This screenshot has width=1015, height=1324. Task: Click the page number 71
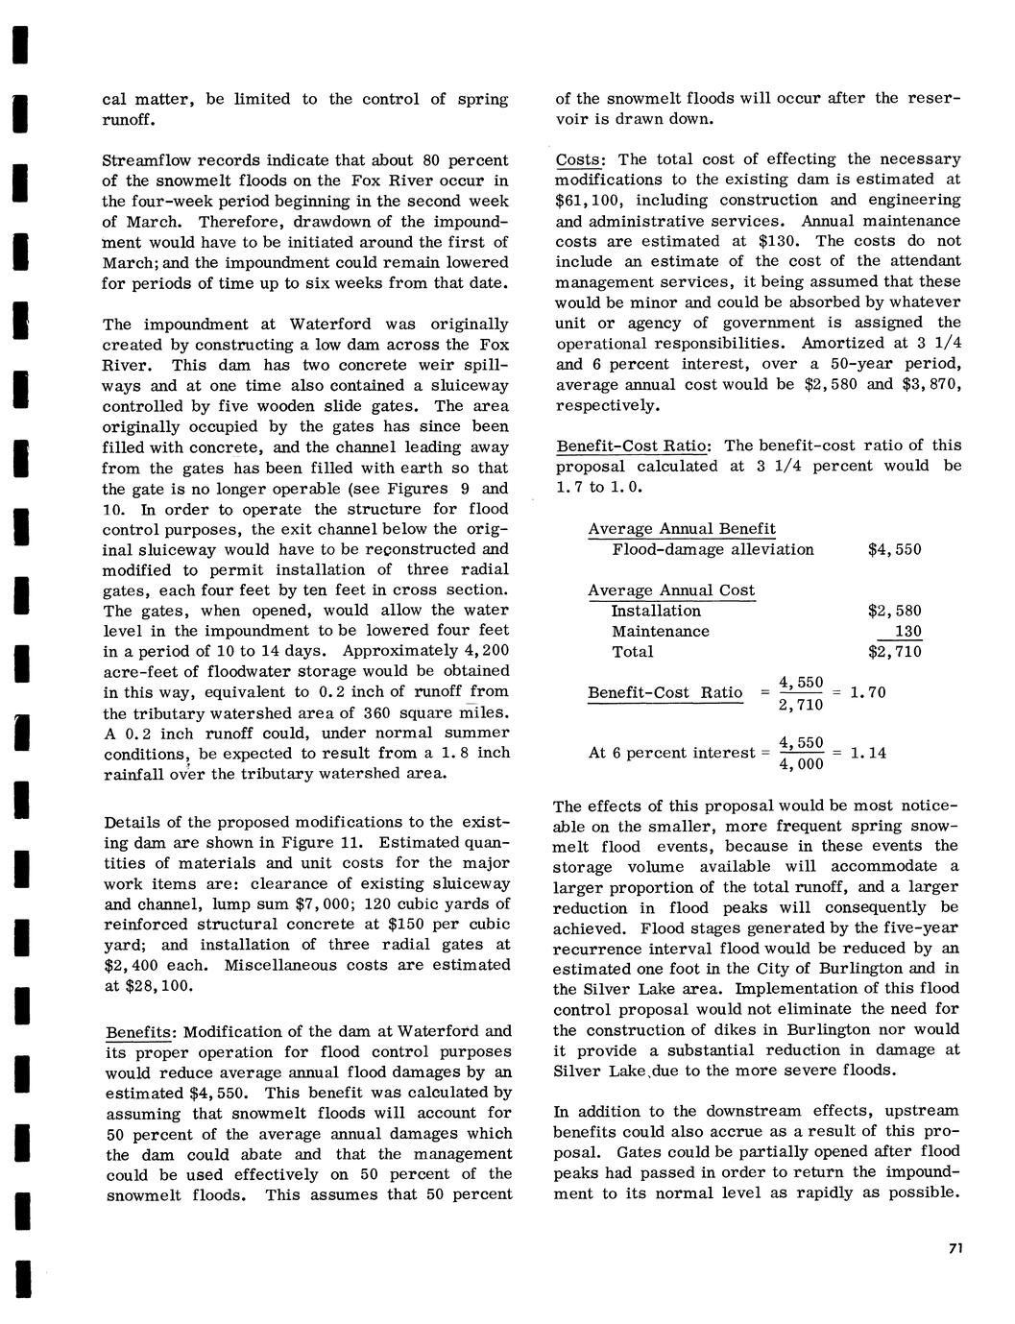[955, 1248]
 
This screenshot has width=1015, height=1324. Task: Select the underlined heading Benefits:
[140, 1033]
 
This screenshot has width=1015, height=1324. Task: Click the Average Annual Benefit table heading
[682, 529]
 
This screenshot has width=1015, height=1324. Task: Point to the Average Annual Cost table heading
[671, 590]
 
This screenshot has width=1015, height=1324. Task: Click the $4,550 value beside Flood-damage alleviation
[894, 550]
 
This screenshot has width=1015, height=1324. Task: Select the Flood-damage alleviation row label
[713, 550]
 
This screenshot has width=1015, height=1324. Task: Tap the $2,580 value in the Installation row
[894, 611]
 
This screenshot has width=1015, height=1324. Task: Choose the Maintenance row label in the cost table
[660, 632]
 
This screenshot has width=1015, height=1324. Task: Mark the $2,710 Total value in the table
[894, 652]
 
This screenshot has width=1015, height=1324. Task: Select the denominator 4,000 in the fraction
[801, 764]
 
